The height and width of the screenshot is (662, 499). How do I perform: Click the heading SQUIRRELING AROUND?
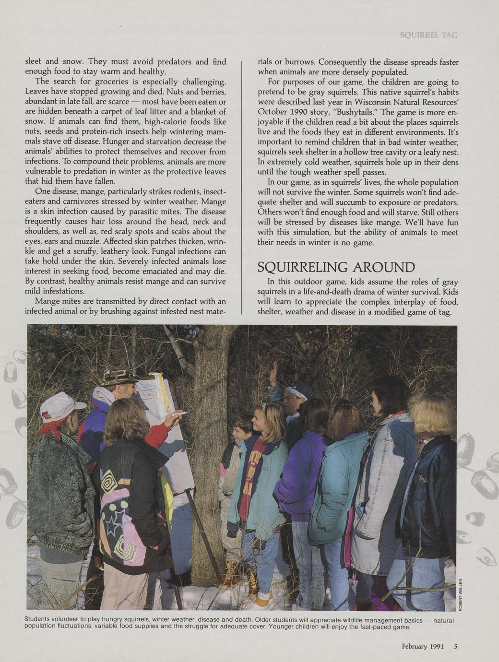click(336, 267)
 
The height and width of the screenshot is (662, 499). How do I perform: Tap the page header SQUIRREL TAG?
click(428, 35)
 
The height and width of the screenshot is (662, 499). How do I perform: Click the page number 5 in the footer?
click(455, 646)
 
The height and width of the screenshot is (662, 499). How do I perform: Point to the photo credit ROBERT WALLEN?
click(461, 595)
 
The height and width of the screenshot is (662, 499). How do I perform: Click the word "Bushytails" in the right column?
click(356, 112)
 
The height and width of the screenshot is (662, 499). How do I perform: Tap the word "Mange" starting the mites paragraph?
click(47, 301)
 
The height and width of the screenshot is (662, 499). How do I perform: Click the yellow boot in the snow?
click(253, 580)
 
